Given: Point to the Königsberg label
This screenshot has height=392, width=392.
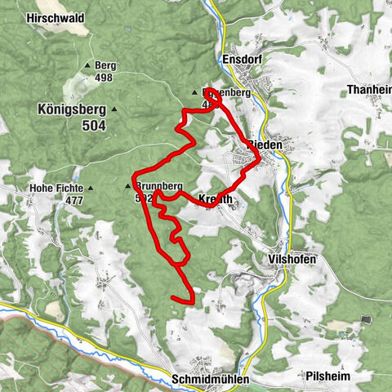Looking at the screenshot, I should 72,109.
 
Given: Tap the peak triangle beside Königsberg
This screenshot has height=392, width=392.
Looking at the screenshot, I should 114,109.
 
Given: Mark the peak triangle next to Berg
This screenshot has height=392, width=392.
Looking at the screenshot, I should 87,66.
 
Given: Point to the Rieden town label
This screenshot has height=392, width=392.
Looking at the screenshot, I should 264,145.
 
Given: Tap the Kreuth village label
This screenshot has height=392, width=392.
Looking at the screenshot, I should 216,198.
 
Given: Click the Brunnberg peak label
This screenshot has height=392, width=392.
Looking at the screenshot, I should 159,185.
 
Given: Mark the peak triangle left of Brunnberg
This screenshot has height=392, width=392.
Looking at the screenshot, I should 127,186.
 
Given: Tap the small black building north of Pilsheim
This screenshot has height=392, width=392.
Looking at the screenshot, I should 364,319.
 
